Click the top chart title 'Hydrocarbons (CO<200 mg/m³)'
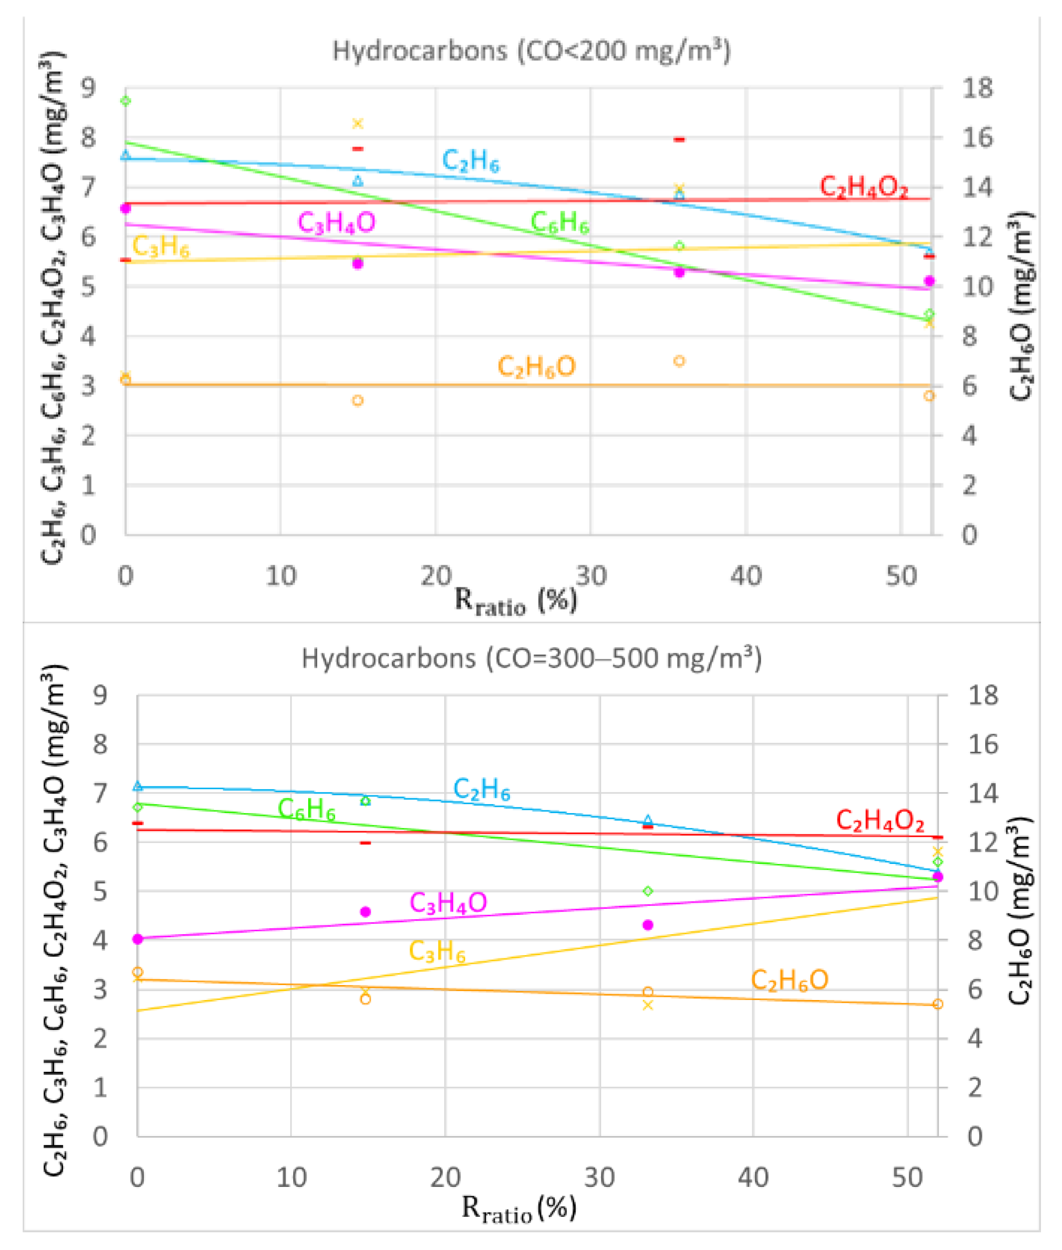coord(531,50)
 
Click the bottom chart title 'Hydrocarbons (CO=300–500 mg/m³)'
coord(531,658)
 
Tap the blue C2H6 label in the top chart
coord(470,161)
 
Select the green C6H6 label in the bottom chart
coord(306,809)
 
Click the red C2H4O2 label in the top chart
coord(863,186)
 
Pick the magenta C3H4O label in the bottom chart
coord(448,903)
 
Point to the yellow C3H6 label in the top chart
coord(160,246)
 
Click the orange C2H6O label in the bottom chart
coord(789,980)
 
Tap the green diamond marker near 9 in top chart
coord(126,101)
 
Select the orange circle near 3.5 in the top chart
coord(679,361)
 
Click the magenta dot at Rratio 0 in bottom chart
coord(138,939)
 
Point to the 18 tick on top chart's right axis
coord(976,88)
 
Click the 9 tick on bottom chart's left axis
coord(100,695)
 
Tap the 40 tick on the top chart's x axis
coord(746,576)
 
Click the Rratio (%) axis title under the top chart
coord(516,600)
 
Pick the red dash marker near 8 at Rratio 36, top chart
coord(679,139)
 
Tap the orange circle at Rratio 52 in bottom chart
coord(938,1004)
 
